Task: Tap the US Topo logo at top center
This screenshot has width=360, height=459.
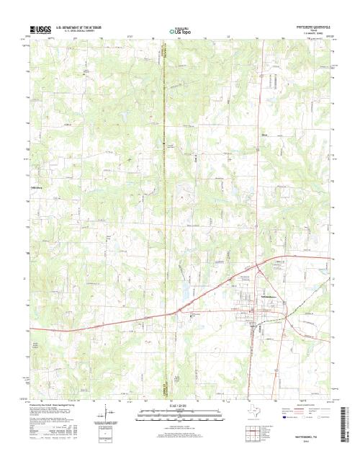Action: point(180,31)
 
